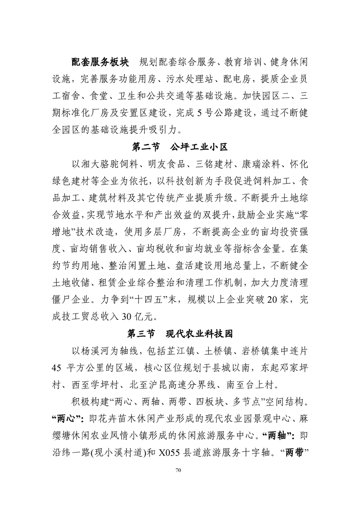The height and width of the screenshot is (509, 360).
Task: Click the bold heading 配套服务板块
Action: (100, 62)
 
